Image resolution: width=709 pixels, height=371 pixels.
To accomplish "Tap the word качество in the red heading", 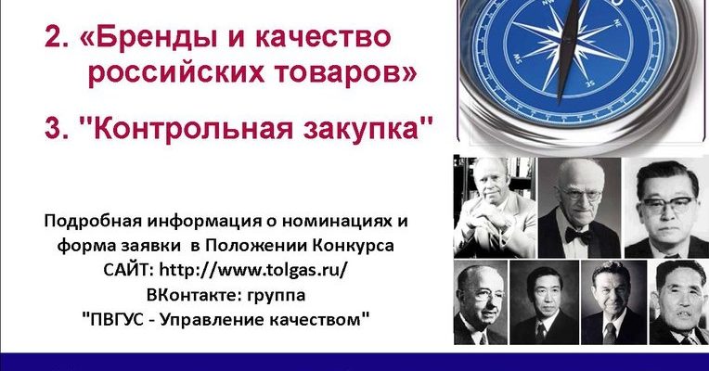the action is [323, 37].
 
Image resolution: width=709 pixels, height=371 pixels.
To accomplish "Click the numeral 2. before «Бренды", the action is [57, 36].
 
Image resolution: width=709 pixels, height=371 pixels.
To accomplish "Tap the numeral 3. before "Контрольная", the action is [57, 128].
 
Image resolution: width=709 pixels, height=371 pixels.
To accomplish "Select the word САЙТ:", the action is [129, 270].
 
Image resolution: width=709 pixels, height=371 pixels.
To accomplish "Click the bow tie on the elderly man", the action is [577, 236].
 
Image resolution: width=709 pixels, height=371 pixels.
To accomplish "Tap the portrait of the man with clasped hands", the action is [495, 207].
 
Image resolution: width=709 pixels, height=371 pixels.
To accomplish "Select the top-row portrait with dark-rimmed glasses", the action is [667, 207].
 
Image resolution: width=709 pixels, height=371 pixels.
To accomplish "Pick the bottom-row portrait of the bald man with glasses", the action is [480, 302].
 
